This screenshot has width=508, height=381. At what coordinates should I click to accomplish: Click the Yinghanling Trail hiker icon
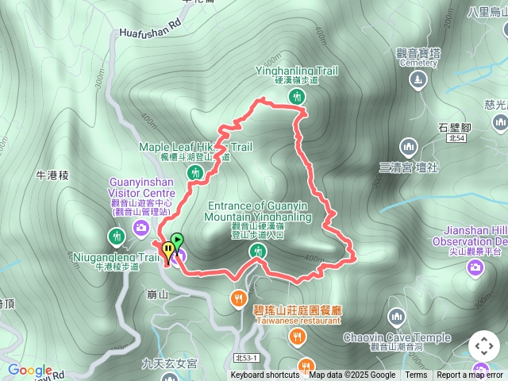point(297,97)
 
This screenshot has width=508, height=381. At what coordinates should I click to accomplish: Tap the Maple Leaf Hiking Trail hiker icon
point(200,171)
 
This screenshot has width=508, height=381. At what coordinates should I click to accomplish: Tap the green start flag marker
point(177,239)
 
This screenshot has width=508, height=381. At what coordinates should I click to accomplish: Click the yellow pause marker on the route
point(167,251)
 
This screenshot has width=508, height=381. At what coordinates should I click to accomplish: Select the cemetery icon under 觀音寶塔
point(417,79)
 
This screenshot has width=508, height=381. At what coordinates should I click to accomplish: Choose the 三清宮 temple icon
point(409,147)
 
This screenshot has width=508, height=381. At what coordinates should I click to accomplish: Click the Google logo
point(30,371)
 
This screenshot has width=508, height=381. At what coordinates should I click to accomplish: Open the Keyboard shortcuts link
point(265,375)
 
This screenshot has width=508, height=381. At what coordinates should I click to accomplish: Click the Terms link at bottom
point(416,375)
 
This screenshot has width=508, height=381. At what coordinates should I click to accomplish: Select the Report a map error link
point(470,375)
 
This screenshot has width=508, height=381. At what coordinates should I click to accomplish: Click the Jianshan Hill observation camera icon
point(475,269)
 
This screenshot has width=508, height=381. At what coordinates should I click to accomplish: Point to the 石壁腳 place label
point(455,127)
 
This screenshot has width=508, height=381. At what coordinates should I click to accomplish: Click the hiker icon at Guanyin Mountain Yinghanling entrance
point(258,252)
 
